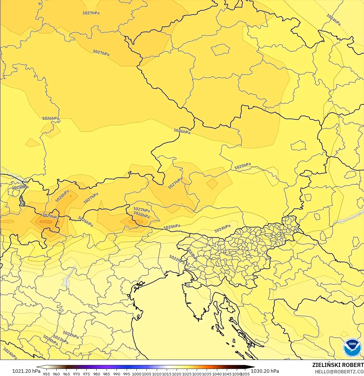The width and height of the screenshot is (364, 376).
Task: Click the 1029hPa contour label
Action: [50, 216]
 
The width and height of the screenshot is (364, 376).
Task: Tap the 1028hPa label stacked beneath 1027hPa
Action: [142, 215]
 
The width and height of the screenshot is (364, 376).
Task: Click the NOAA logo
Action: [352, 348]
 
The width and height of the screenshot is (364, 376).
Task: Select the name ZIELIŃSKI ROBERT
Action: [338, 365]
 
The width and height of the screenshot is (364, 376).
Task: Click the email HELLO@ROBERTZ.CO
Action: [339, 372]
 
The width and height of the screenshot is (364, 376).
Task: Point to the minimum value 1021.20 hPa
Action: [26, 371]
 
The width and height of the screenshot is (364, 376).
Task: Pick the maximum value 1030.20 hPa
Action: [265, 371]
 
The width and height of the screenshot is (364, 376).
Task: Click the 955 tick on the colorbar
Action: [46, 374]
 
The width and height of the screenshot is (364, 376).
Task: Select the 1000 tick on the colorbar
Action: [137, 374]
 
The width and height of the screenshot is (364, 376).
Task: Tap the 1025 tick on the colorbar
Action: [187, 374]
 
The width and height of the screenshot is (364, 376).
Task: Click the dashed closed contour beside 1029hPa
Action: [45, 222]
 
